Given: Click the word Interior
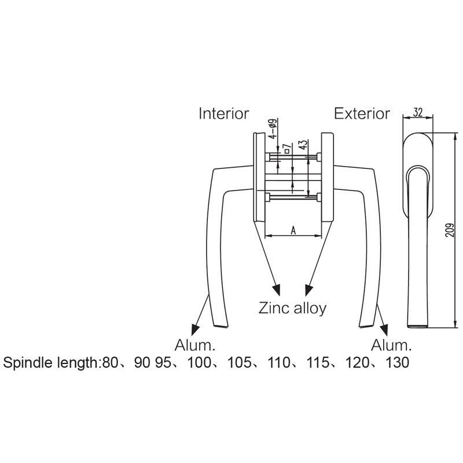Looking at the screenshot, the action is [x=224, y=113].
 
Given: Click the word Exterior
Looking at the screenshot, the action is [x=362, y=113].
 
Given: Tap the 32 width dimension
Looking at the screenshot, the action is [x=418, y=112].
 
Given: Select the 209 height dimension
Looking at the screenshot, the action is [x=450, y=229].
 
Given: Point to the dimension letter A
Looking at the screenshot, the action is [x=293, y=230].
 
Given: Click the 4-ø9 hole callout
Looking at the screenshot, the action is [x=273, y=128].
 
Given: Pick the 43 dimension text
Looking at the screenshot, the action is [x=303, y=145].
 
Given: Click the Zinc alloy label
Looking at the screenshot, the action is [x=292, y=308].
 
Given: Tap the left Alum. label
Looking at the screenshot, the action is [x=195, y=345].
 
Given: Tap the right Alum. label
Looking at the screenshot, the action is [x=391, y=345].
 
